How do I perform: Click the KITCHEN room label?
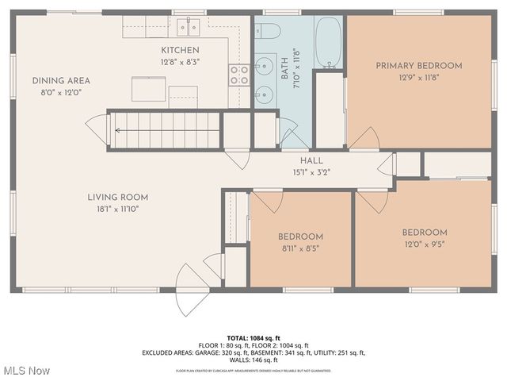coord(180,50)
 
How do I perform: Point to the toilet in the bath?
coord(267,32)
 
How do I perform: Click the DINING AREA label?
coord(61,80)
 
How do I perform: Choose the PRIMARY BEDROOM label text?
coord(418,66)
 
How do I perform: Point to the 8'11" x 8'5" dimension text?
coord(300,248)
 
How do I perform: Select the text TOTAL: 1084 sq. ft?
coord(253,338)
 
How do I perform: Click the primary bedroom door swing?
coord(363,138)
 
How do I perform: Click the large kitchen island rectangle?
coord(148,88)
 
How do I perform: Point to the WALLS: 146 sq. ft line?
coord(253,360)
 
